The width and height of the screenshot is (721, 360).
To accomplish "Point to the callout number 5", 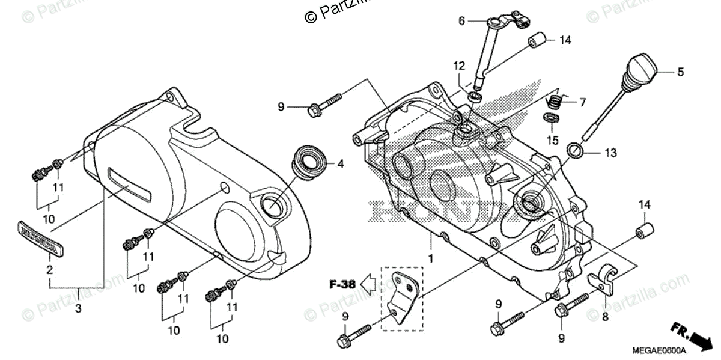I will tap(680, 72).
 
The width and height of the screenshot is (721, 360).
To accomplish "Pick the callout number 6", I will tap(462, 21).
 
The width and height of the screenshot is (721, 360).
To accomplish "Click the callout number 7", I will tap(582, 102).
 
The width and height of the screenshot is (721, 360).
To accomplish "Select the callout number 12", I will tap(459, 65).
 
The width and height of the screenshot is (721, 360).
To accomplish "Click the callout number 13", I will tap(610, 153).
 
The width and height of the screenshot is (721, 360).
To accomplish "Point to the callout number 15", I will tap(552, 140).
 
